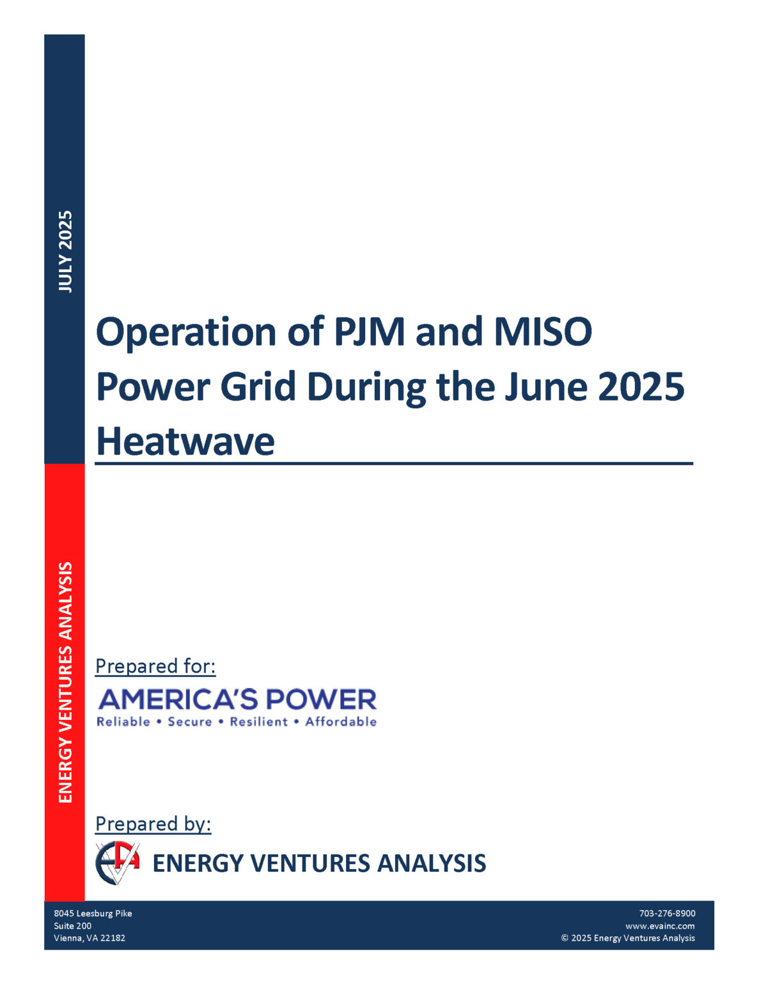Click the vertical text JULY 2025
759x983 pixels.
pyautogui.click(x=65, y=252)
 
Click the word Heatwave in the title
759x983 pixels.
pyautogui.click(x=185, y=442)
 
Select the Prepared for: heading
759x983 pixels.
pyautogui.click(x=155, y=666)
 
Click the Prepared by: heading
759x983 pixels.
pyautogui.click(x=153, y=824)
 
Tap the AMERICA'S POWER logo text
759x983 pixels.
pyautogui.click(x=237, y=699)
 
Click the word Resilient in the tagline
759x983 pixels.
pyautogui.click(x=259, y=722)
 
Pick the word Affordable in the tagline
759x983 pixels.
pyautogui.click(x=341, y=722)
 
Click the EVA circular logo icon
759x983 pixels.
pyautogui.click(x=117, y=863)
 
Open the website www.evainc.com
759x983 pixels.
pyautogui.click(x=660, y=926)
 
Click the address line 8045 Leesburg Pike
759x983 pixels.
pyautogui.click(x=93, y=913)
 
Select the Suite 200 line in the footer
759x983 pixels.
pyautogui.click(x=72, y=926)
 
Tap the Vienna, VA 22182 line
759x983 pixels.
pyautogui.click(x=90, y=938)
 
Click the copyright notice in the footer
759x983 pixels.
pyautogui.click(x=628, y=938)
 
